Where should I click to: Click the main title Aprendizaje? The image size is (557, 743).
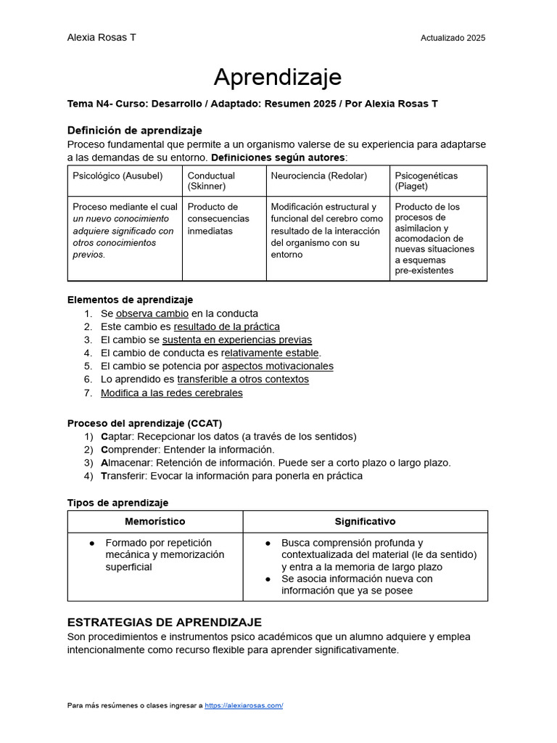[278, 77]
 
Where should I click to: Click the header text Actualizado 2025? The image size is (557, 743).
[453, 38]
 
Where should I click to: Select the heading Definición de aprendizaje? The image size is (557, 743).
[134, 131]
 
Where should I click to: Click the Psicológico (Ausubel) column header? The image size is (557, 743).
[117, 176]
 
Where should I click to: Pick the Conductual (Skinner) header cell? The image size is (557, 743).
[211, 181]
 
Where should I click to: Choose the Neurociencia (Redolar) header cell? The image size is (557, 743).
[318, 176]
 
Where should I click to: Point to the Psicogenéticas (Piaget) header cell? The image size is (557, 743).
[426, 181]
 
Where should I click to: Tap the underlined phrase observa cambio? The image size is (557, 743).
[152, 313]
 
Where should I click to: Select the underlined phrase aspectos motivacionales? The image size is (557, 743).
[277, 366]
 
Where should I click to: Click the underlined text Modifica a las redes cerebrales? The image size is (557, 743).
[171, 393]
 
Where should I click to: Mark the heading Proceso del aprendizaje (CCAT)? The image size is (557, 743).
[144, 423]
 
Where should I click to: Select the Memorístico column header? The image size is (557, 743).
[154, 521]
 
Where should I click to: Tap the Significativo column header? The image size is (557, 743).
[365, 521]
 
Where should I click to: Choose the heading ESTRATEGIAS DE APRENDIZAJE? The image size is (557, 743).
[164, 623]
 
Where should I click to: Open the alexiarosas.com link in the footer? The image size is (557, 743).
[244, 705]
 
